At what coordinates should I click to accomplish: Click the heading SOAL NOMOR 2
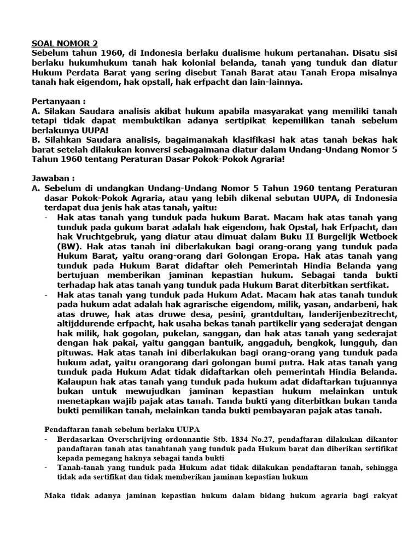(66, 43)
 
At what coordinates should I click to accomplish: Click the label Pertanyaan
(57, 102)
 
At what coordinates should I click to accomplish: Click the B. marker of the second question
(36, 141)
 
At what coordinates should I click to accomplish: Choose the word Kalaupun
(76, 382)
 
